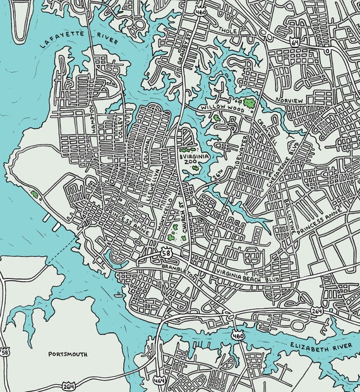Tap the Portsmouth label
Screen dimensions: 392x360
click(x=68, y=354)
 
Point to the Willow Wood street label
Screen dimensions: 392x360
click(x=219, y=109)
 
